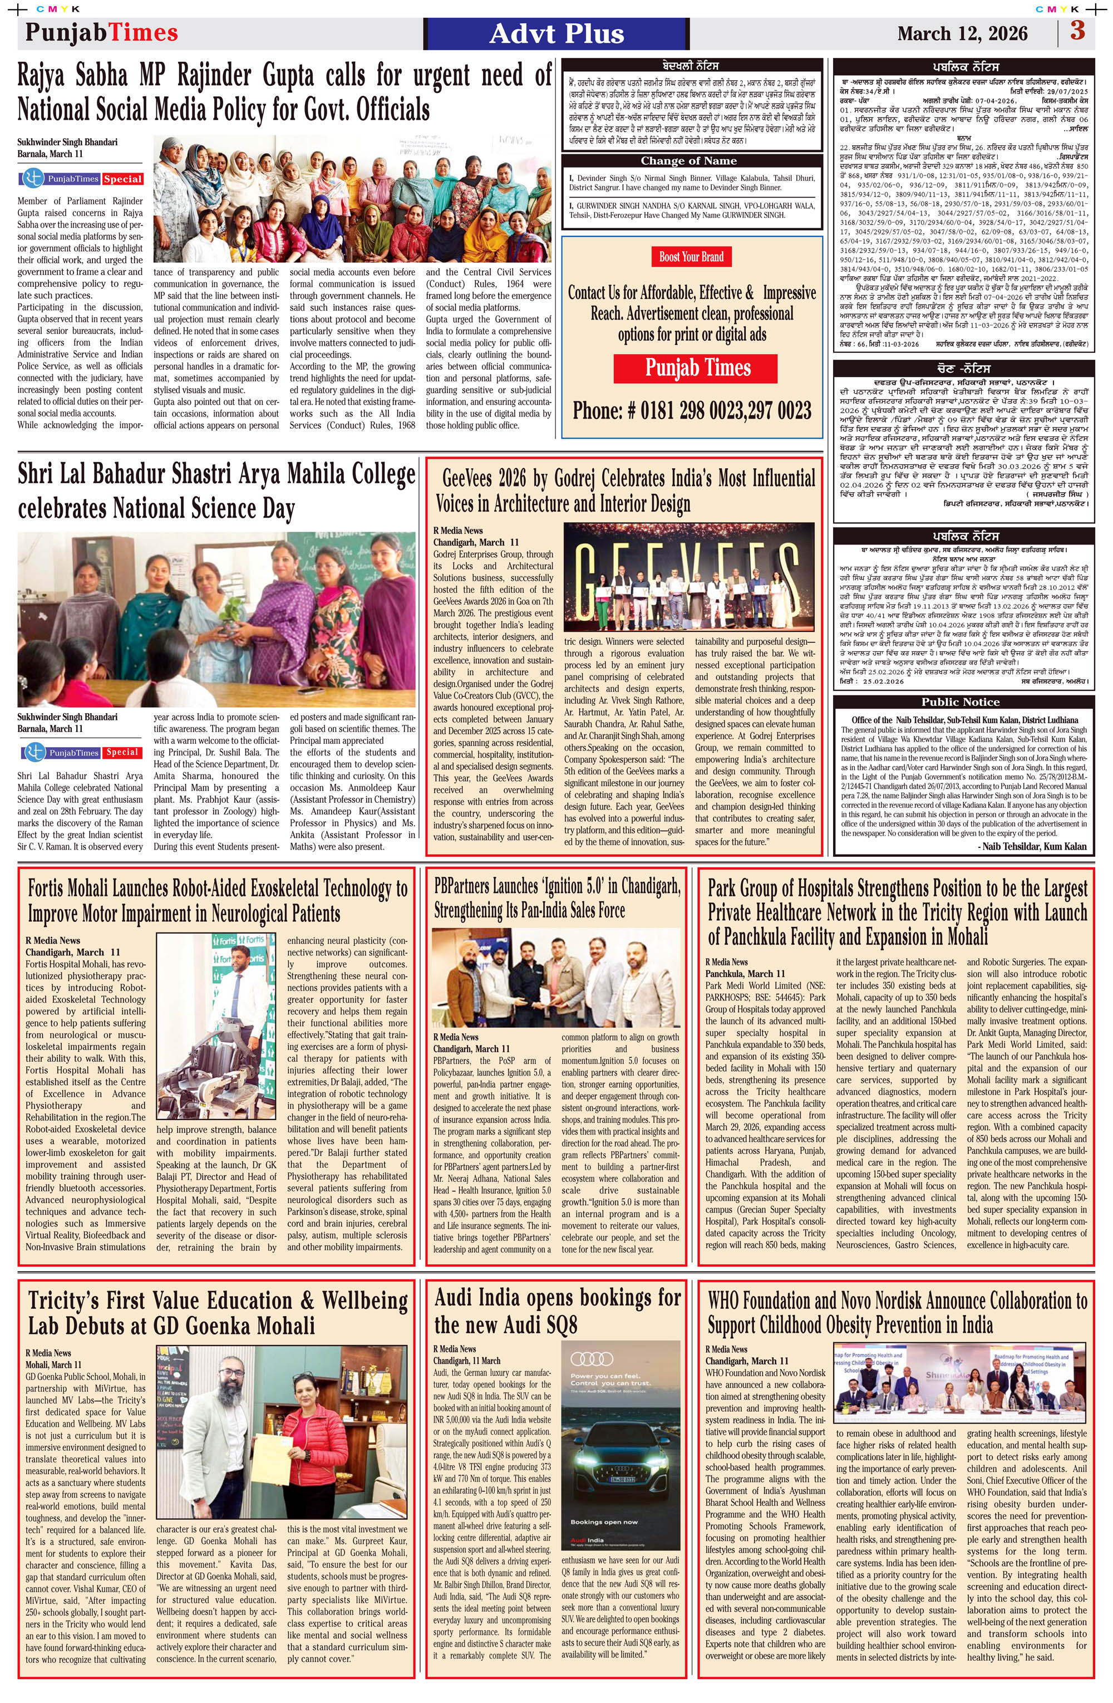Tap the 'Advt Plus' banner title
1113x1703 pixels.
(x=556, y=33)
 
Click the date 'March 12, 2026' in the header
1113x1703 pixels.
(x=962, y=33)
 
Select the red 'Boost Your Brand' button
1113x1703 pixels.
(x=691, y=257)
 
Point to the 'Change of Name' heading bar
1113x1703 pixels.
(x=688, y=161)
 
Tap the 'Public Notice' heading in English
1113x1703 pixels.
(x=960, y=702)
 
